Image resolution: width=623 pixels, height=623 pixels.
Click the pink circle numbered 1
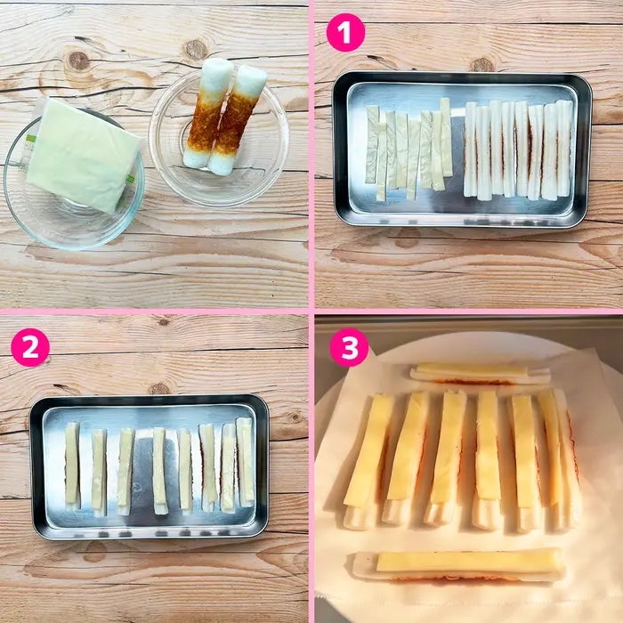tap(345, 33)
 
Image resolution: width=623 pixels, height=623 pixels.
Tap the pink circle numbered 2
tap(30, 347)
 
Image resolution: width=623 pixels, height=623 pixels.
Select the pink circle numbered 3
tap(349, 347)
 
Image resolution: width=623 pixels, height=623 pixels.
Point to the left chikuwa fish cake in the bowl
tap(208, 112)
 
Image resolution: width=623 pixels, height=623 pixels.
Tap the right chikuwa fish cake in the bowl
tap(236, 120)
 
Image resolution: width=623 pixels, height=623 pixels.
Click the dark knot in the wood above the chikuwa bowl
tap(196, 49)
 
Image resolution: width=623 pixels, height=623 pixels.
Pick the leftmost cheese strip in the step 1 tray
tap(372, 144)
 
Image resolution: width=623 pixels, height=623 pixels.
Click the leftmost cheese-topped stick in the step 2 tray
tap(72, 466)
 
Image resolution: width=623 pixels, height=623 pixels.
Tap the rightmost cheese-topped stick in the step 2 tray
tap(245, 462)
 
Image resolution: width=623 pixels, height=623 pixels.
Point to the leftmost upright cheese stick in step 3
tap(368, 461)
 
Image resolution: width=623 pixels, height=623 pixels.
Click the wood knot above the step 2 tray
tap(159, 388)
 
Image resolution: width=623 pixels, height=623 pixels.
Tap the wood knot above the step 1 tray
tap(482, 64)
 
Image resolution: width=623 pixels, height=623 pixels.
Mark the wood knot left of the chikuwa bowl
tap(78, 61)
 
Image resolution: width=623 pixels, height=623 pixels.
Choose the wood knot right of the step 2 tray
tap(295, 417)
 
